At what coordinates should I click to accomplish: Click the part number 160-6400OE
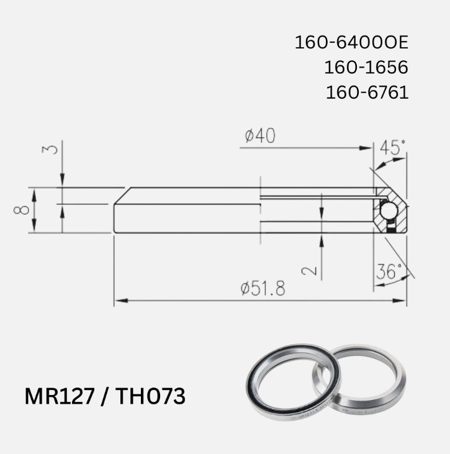(351, 43)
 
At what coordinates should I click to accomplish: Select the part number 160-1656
(366, 68)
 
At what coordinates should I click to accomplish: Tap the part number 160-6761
(367, 93)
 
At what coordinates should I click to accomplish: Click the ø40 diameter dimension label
(260, 137)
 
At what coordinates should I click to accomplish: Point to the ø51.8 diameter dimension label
(263, 288)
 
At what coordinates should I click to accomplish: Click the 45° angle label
(392, 148)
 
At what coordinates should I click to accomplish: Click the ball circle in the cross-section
(389, 211)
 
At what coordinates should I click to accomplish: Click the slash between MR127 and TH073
(104, 396)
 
